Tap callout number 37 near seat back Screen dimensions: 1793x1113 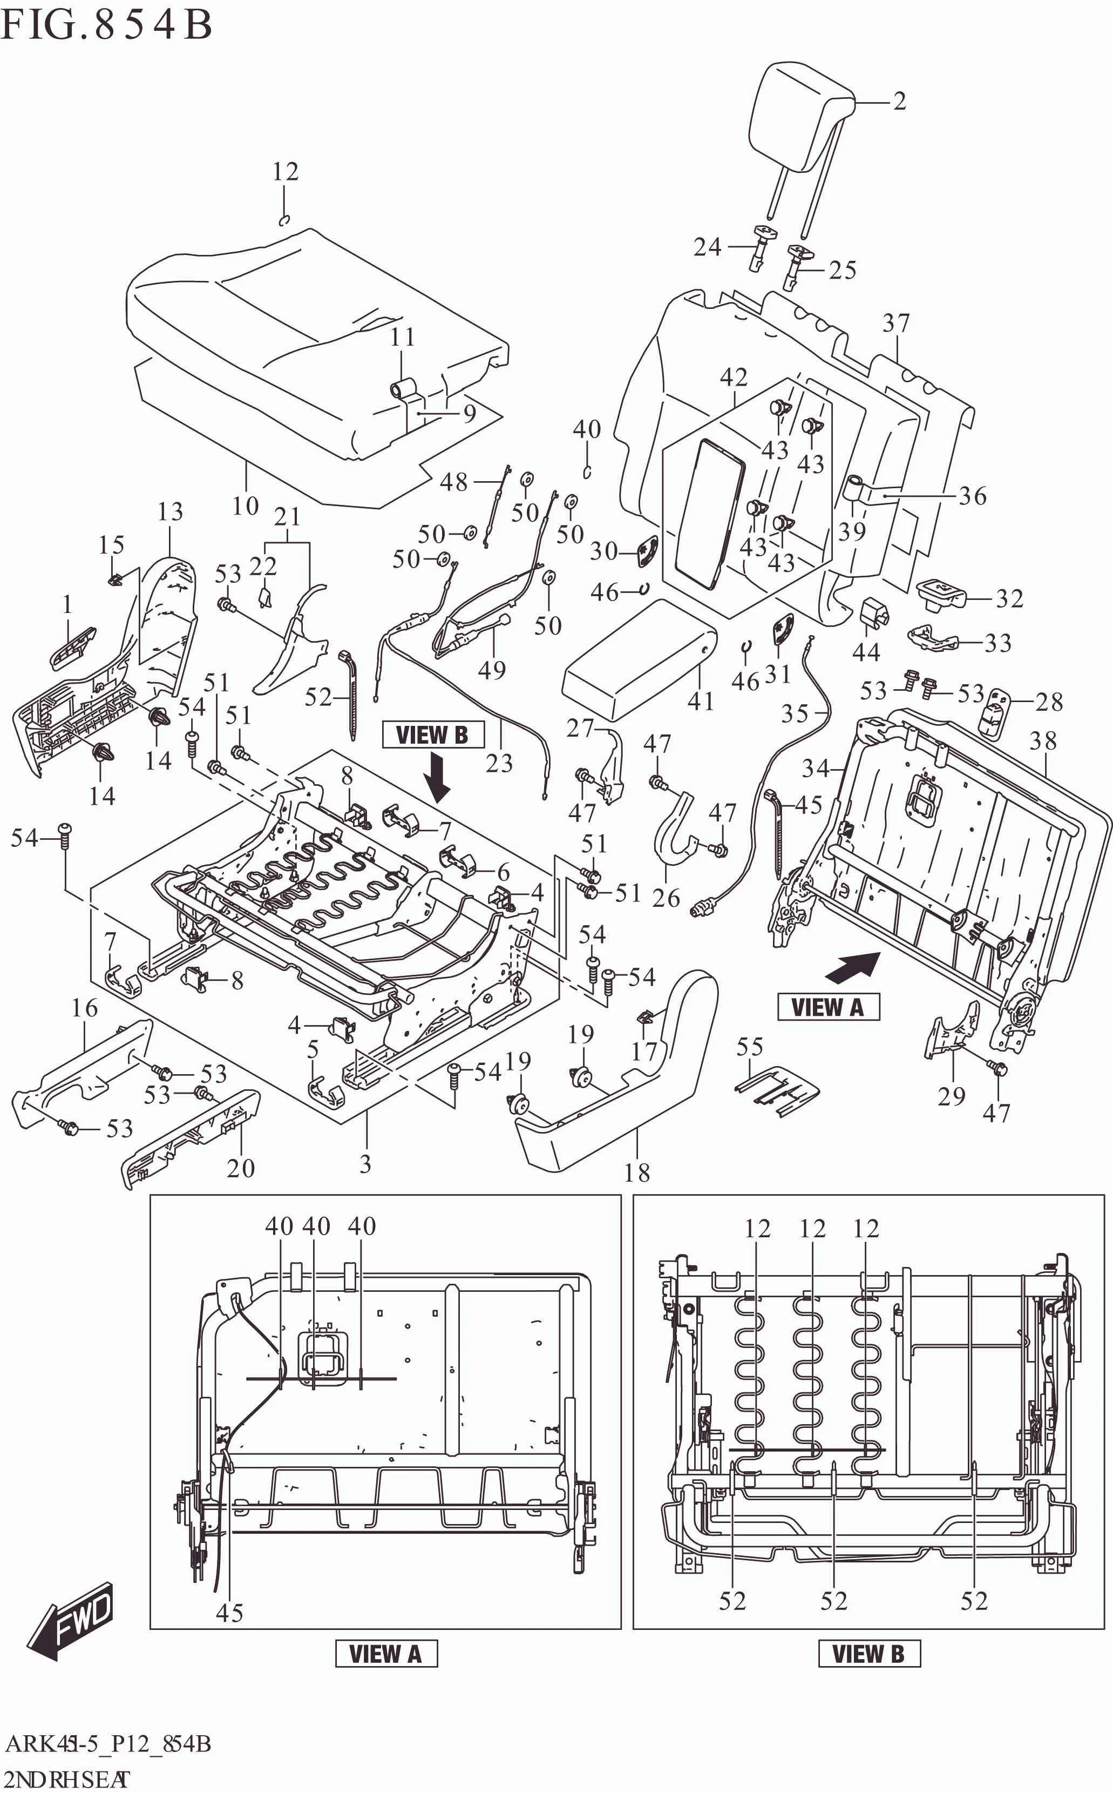coord(896,323)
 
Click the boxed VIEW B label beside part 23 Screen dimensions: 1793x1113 coord(433,735)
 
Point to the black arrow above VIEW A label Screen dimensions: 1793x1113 coord(853,966)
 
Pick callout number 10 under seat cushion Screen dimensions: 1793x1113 coord(245,506)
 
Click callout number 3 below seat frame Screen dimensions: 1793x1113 coord(365,1164)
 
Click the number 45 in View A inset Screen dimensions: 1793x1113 coord(229,1613)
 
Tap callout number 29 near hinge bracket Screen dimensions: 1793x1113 coord(951,1096)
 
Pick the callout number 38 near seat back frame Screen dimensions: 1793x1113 coord(1043,741)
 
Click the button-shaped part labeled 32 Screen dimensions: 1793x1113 coord(941,593)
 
